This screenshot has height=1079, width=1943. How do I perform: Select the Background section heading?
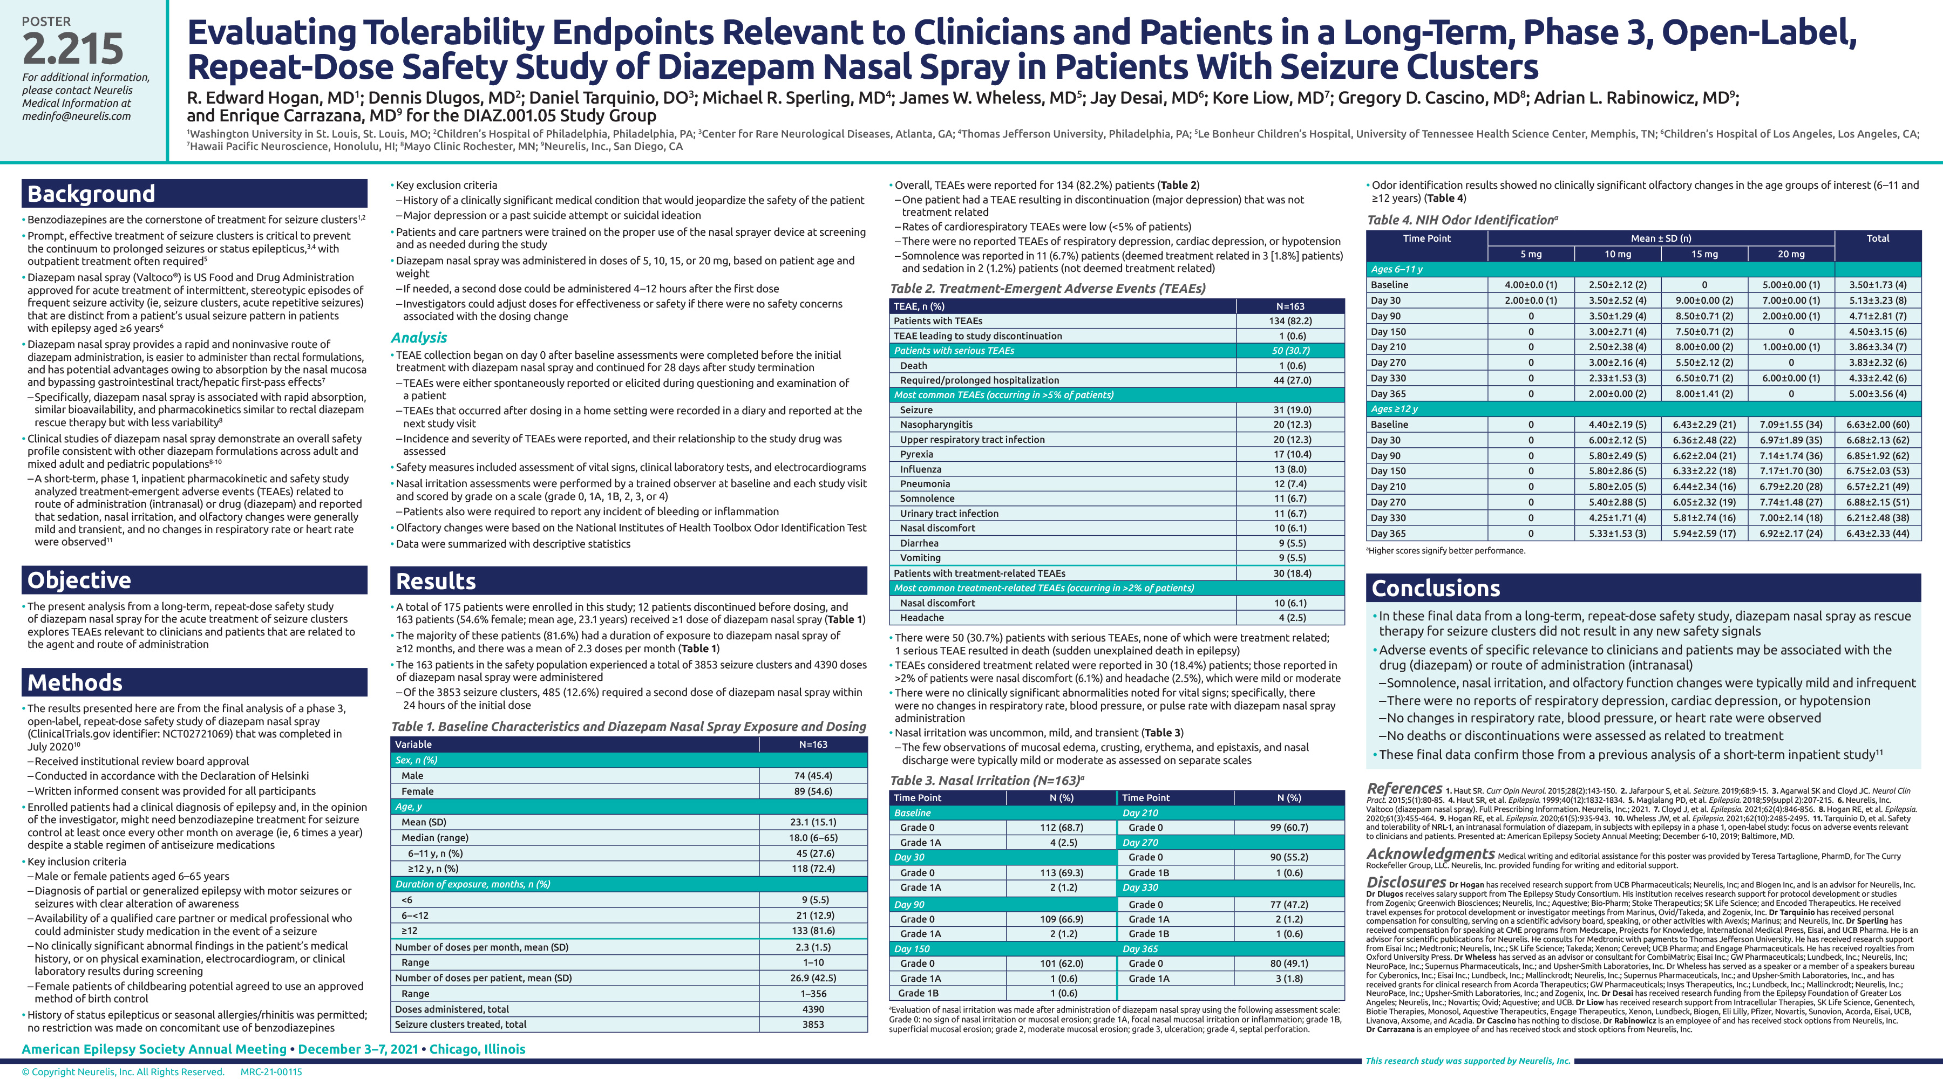[91, 194]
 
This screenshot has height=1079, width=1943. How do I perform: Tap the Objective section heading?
[79, 580]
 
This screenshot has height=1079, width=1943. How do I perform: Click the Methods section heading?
[74, 682]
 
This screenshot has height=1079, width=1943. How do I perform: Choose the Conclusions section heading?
[1435, 588]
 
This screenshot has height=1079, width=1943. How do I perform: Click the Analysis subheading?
[419, 338]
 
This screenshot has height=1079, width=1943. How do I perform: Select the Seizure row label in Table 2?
[916, 409]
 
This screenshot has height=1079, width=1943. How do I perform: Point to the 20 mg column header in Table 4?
[1791, 254]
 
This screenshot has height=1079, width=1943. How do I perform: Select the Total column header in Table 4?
[1877, 238]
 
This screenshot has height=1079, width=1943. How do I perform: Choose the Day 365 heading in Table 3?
[1140, 948]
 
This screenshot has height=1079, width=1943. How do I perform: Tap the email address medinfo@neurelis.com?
[76, 116]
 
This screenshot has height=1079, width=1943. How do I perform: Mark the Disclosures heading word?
[1406, 882]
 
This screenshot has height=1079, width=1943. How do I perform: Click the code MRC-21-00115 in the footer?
[271, 1071]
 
